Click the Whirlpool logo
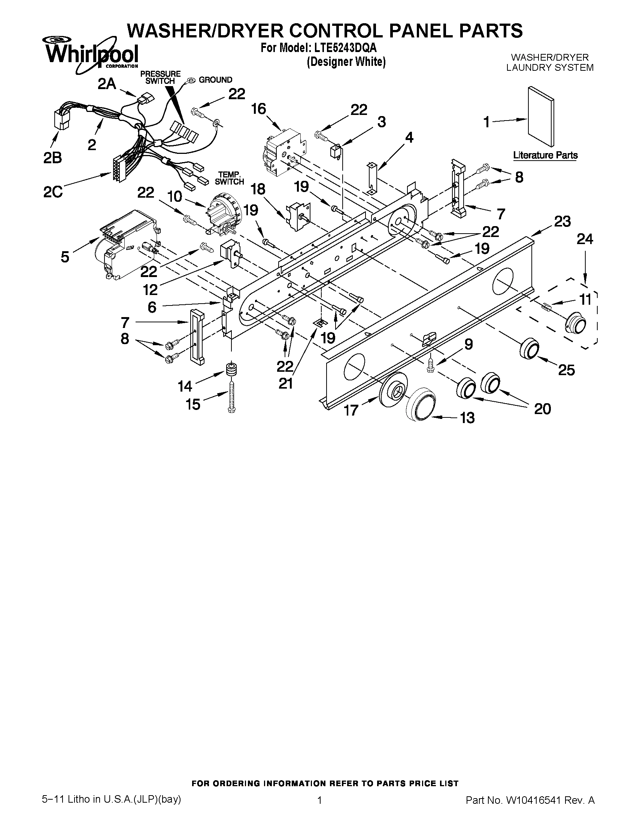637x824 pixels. point(92,55)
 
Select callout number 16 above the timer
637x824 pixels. point(259,109)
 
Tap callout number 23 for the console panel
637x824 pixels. point(562,222)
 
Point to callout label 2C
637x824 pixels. point(53,192)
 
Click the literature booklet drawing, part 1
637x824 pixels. point(540,116)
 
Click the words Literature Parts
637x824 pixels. point(545,155)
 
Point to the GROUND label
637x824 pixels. point(215,80)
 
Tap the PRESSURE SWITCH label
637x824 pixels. point(160,77)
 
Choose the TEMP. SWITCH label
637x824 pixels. point(229,178)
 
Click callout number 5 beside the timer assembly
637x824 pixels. point(65,257)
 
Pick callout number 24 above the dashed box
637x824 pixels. point(585,239)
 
